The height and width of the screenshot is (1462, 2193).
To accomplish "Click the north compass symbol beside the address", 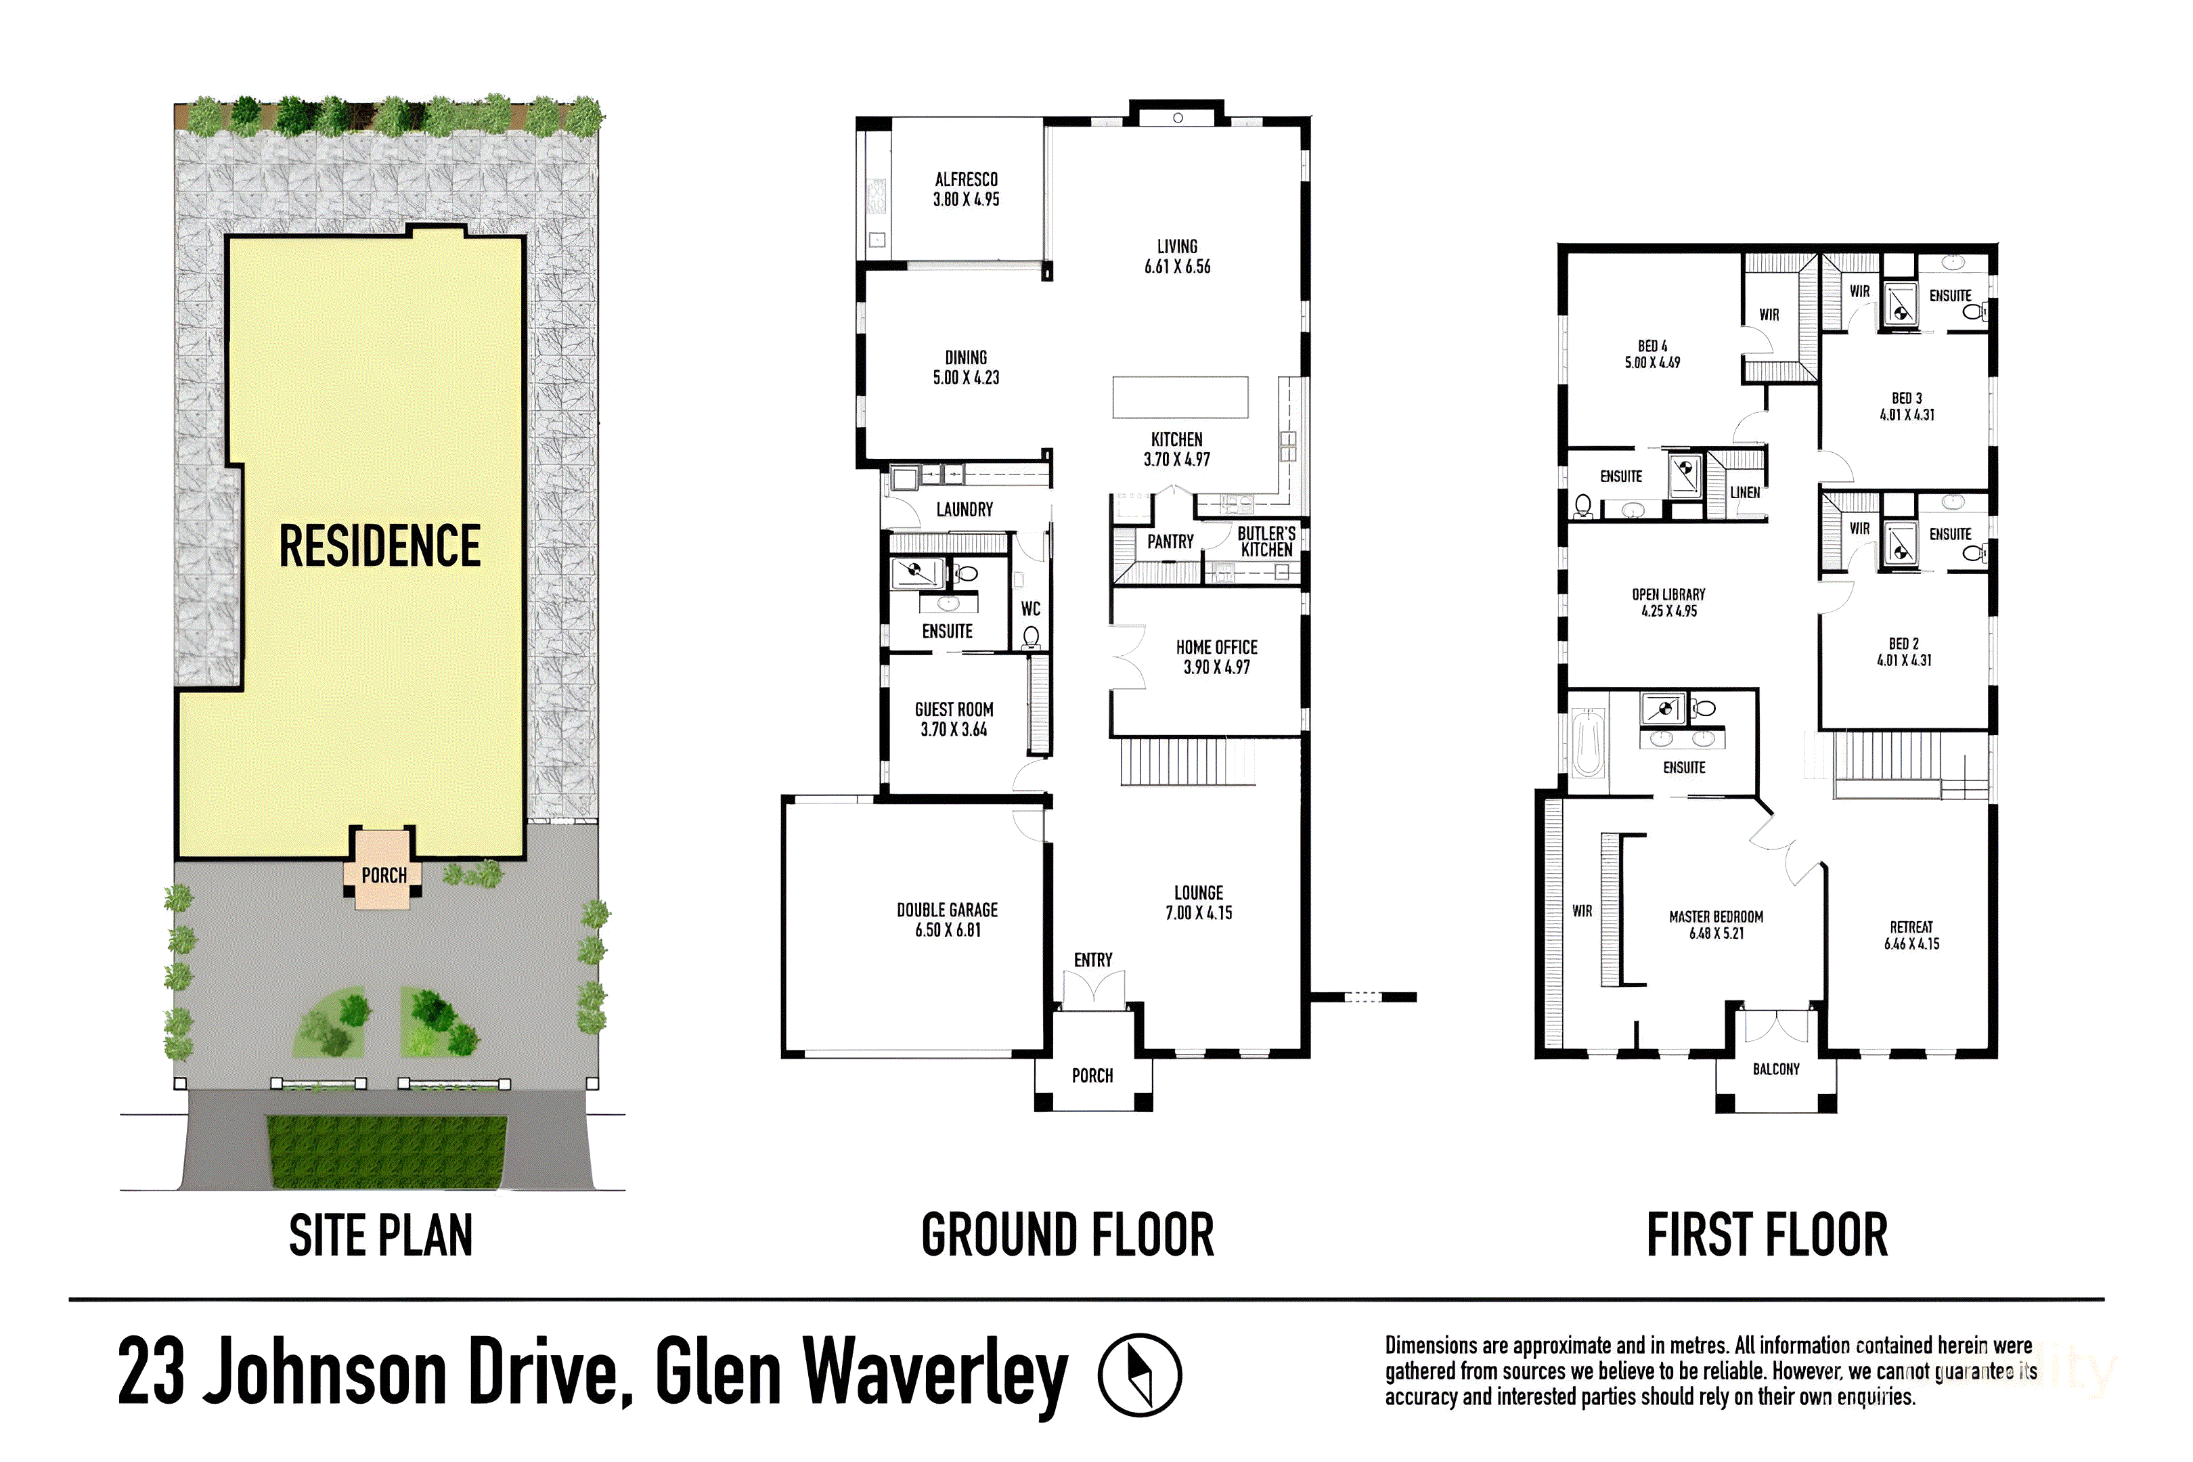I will [1139, 1375].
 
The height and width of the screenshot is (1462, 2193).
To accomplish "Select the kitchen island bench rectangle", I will [1180, 397].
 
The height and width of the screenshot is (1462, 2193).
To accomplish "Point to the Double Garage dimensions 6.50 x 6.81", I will [948, 929].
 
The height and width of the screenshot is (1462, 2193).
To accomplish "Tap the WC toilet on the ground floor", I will [1032, 637].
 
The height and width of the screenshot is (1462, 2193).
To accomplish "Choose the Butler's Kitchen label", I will [1266, 541].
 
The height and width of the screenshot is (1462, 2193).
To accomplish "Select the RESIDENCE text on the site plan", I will [380, 546].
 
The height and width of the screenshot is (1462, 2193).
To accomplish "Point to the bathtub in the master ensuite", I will [1588, 743].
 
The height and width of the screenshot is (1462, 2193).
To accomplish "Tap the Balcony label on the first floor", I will [1775, 1069].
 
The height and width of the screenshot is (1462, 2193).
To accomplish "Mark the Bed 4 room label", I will [1652, 346].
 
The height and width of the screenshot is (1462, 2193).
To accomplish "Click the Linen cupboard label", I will [1744, 492].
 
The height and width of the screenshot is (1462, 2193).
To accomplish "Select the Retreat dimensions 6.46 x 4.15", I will [1911, 944].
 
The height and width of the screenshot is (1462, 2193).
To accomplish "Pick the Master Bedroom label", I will [1716, 916].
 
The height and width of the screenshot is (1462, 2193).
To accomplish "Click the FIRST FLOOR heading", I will [1767, 1235].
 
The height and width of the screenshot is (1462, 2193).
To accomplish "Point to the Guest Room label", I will [954, 709].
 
